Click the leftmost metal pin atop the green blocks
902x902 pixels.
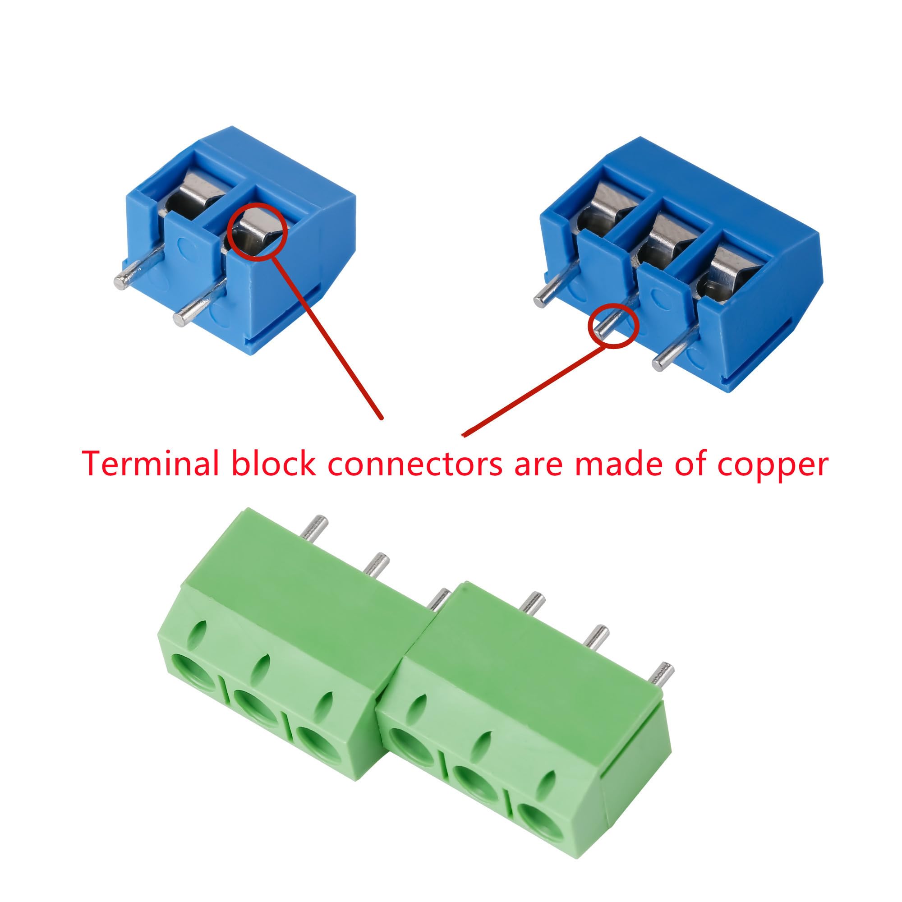click(x=314, y=528)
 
